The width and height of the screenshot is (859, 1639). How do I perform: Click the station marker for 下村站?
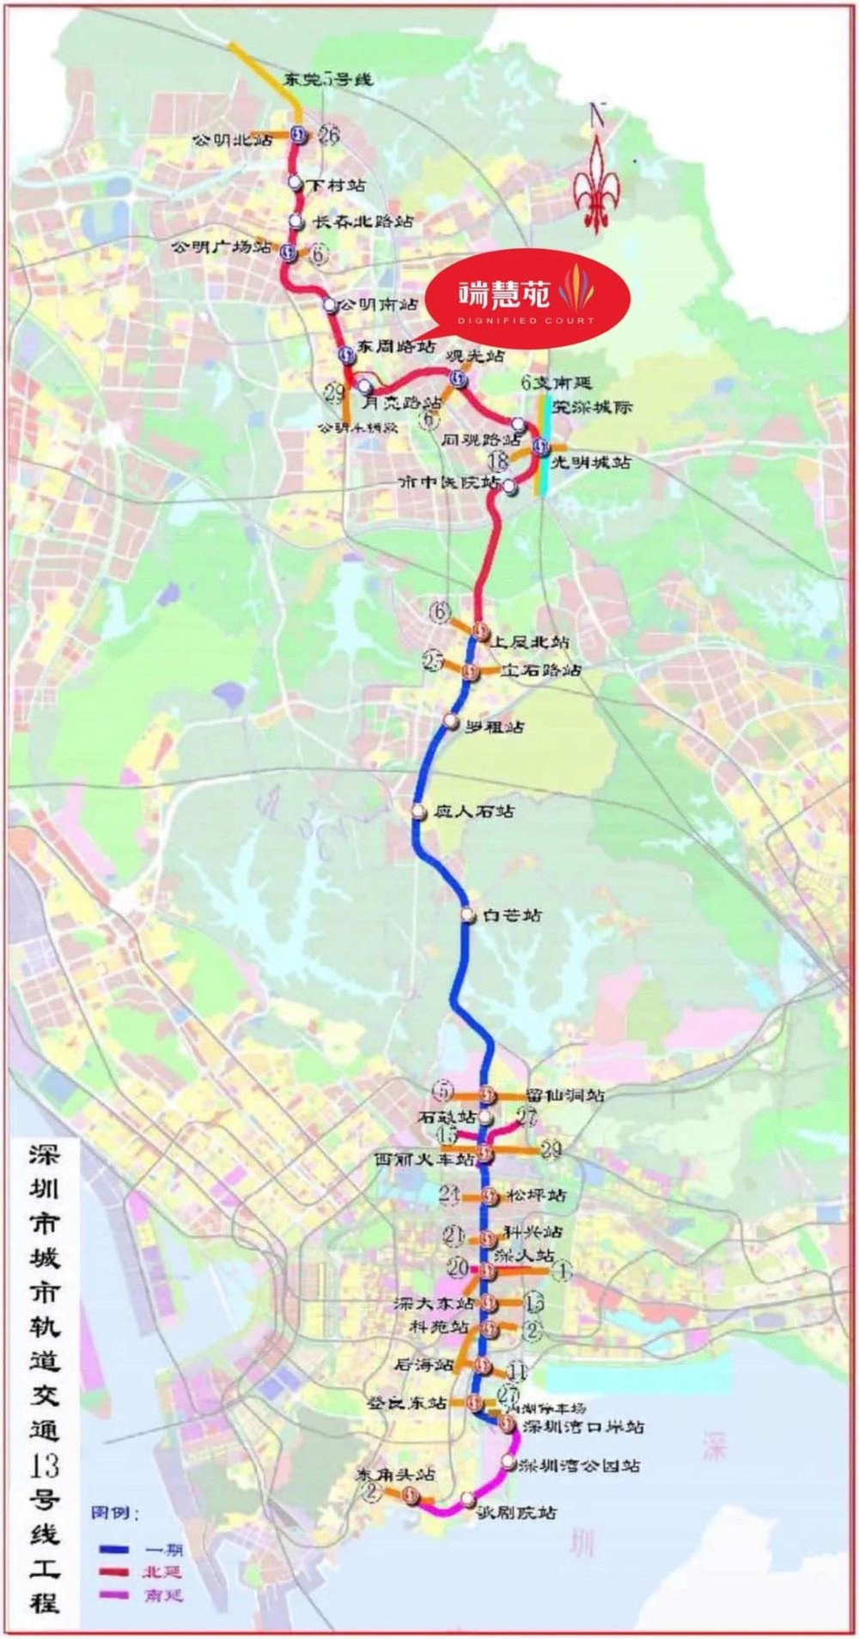pos(295,183)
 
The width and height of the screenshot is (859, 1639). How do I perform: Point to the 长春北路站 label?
pos(362,222)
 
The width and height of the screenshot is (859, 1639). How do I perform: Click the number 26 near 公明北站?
pos(328,134)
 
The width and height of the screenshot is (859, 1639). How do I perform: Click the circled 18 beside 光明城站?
pos(498,463)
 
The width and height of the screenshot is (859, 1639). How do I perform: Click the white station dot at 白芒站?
pos(467,915)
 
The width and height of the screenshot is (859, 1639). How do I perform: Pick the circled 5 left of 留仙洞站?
pos(442,1091)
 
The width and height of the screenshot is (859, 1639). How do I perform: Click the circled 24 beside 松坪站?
pos(449,1194)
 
